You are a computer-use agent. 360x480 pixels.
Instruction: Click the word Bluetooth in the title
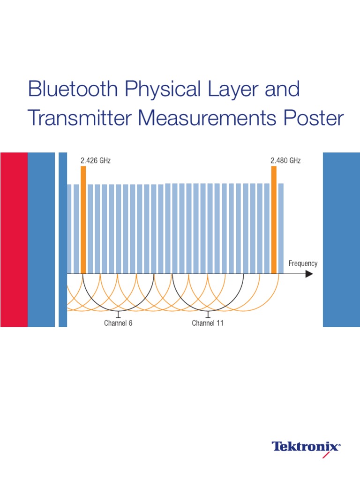pos(66,90)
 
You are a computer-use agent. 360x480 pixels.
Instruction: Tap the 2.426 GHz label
pos(96,160)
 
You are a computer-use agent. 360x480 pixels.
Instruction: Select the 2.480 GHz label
pos(285,160)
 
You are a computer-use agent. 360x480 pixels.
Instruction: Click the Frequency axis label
pos(303,263)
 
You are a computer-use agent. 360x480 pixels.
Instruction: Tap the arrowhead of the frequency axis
pos(309,274)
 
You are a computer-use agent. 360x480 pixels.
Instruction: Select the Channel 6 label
pos(118,323)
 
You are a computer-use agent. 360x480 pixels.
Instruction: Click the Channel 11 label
pos(208,323)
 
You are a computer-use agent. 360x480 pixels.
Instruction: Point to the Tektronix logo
pos(307,446)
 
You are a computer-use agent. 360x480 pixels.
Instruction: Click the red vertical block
pos(14,239)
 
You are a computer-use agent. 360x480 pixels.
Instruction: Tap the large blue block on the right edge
pos(341,239)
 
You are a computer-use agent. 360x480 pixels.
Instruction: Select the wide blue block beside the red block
pos(41,239)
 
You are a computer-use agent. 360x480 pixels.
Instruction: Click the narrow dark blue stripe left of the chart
pos(63,239)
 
